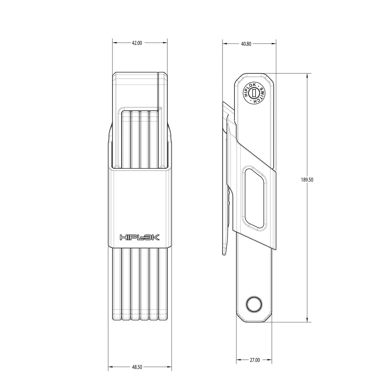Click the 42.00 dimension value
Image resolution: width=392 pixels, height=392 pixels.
(x=137, y=43)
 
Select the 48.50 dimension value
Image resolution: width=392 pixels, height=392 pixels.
(x=137, y=367)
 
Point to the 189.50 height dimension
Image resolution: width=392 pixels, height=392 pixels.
(x=307, y=179)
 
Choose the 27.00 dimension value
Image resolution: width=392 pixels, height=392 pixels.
(x=254, y=360)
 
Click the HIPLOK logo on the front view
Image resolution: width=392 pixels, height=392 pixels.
(x=140, y=237)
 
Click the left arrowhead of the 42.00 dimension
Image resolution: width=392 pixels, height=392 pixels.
(x=114, y=43)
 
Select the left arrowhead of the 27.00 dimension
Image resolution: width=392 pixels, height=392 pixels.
(x=238, y=360)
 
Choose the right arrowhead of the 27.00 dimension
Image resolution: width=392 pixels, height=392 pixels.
(x=270, y=360)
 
